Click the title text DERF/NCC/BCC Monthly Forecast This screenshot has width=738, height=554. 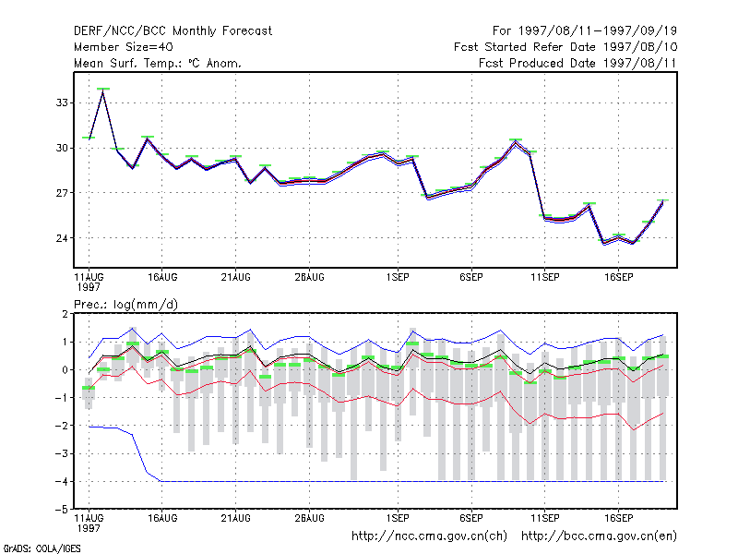click(173, 31)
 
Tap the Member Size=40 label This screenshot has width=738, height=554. click(124, 47)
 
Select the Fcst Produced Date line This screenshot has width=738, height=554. click(578, 63)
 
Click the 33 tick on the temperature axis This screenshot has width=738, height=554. click(62, 102)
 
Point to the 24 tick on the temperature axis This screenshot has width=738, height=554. click(62, 238)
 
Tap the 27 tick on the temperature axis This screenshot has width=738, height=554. click(62, 193)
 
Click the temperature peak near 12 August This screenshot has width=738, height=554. click(103, 92)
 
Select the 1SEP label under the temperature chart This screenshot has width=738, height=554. click(398, 278)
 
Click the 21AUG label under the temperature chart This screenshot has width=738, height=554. click(236, 278)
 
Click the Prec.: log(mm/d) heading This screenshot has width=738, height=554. click(125, 305)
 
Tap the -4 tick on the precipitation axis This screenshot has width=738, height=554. click(62, 481)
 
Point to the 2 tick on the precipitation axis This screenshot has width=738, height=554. click(65, 314)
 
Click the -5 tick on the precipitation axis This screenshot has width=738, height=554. click(62, 510)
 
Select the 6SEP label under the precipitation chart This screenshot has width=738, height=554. click(471, 518)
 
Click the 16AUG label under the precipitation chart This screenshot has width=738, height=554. click(162, 518)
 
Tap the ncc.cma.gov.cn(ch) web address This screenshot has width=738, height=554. click(429, 536)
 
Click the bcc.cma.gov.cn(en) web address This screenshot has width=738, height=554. click(599, 536)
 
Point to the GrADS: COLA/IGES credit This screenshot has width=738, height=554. click(42, 548)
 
